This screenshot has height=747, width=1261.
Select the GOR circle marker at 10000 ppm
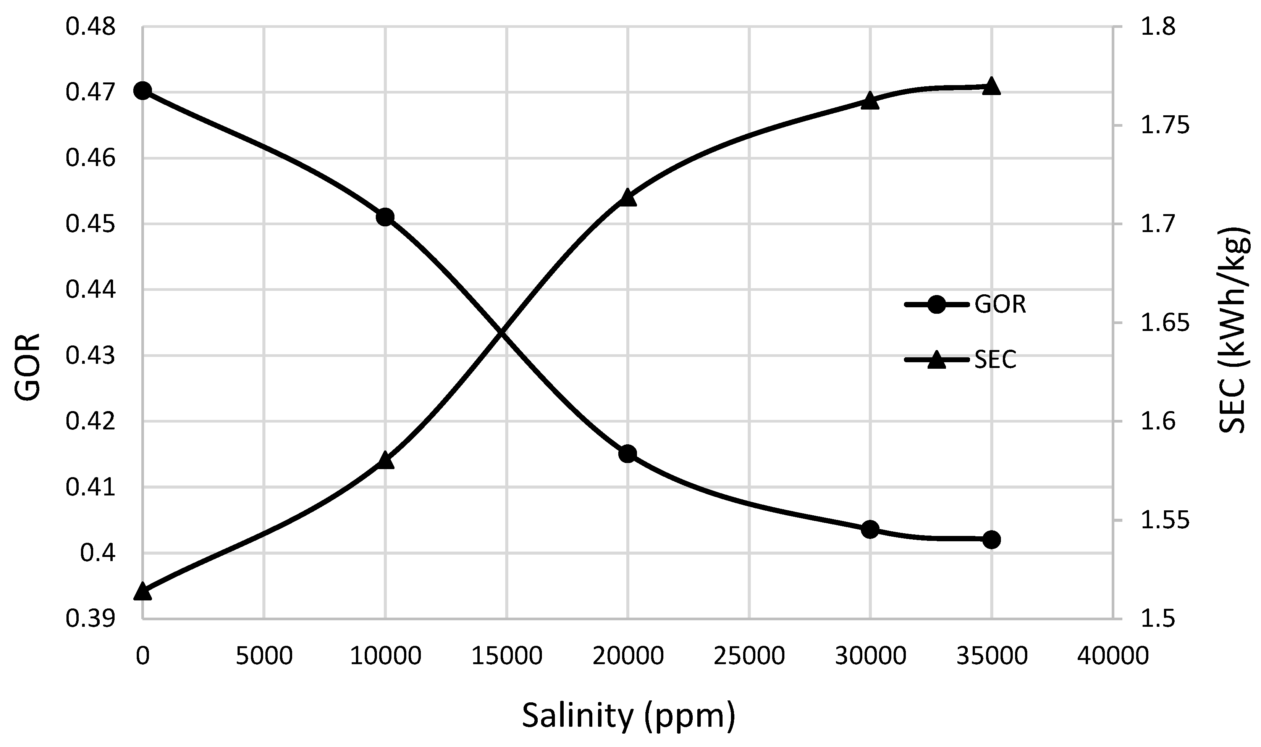click(385, 217)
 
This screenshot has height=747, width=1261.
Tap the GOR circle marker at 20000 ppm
click(628, 453)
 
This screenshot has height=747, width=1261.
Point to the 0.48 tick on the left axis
click(90, 27)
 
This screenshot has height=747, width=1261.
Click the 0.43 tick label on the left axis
click(90, 356)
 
